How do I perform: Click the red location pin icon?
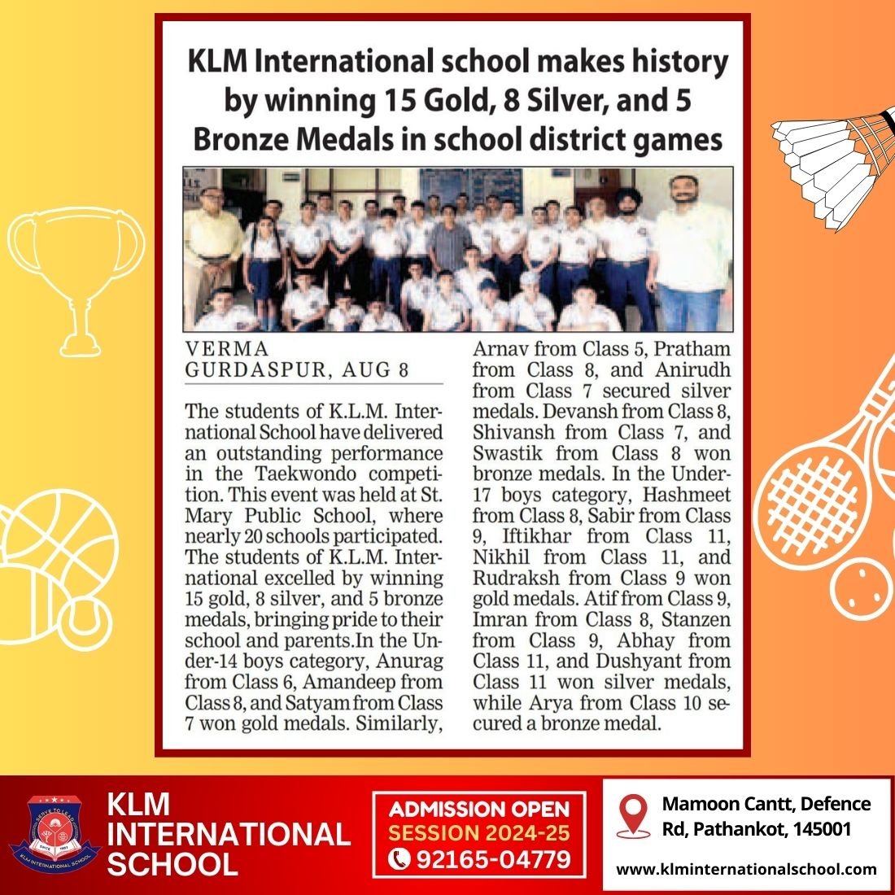pos(632,816)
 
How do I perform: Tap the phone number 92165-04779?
pos(493,859)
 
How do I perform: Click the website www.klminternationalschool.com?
pos(746,869)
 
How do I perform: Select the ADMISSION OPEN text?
pos(479,810)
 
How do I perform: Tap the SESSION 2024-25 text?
pos(479,834)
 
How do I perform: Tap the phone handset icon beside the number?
pos(399,859)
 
